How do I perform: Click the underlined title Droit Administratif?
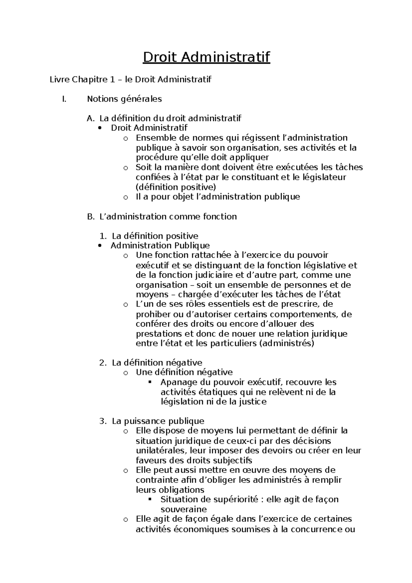(x=206, y=57)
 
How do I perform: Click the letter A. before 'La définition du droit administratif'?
(x=91, y=119)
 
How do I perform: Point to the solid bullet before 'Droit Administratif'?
(x=100, y=128)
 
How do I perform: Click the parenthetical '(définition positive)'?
(x=176, y=187)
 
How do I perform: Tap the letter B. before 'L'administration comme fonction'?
(x=91, y=217)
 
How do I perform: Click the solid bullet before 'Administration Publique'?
(x=100, y=246)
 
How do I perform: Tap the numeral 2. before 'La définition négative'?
(x=103, y=363)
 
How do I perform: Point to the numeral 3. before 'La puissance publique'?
(x=103, y=421)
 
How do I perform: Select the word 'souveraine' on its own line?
(x=184, y=509)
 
